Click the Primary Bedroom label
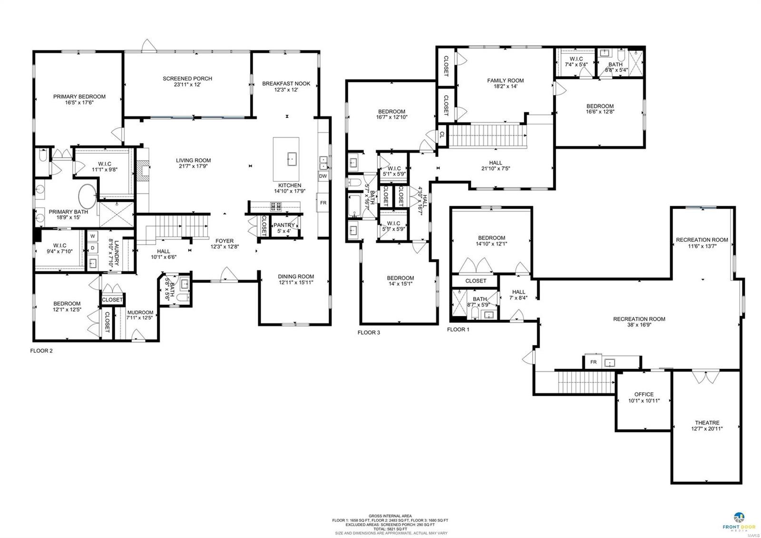[79, 97]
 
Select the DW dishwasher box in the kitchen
[323, 176]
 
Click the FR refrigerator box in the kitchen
[323, 203]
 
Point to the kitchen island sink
[292, 159]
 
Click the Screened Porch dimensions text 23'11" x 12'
[187, 85]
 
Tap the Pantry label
[284, 225]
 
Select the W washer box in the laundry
[92, 236]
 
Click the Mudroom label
[140, 312]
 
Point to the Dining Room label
[296, 277]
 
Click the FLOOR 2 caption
[41, 351]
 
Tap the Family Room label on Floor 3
[505, 80]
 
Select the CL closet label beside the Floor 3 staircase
[442, 135]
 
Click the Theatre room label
[707, 423]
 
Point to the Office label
[644, 394]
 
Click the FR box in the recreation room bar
[593, 362]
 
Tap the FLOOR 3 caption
[369, 333]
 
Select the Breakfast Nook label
[286, 84]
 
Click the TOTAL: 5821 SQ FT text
[390, 529]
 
